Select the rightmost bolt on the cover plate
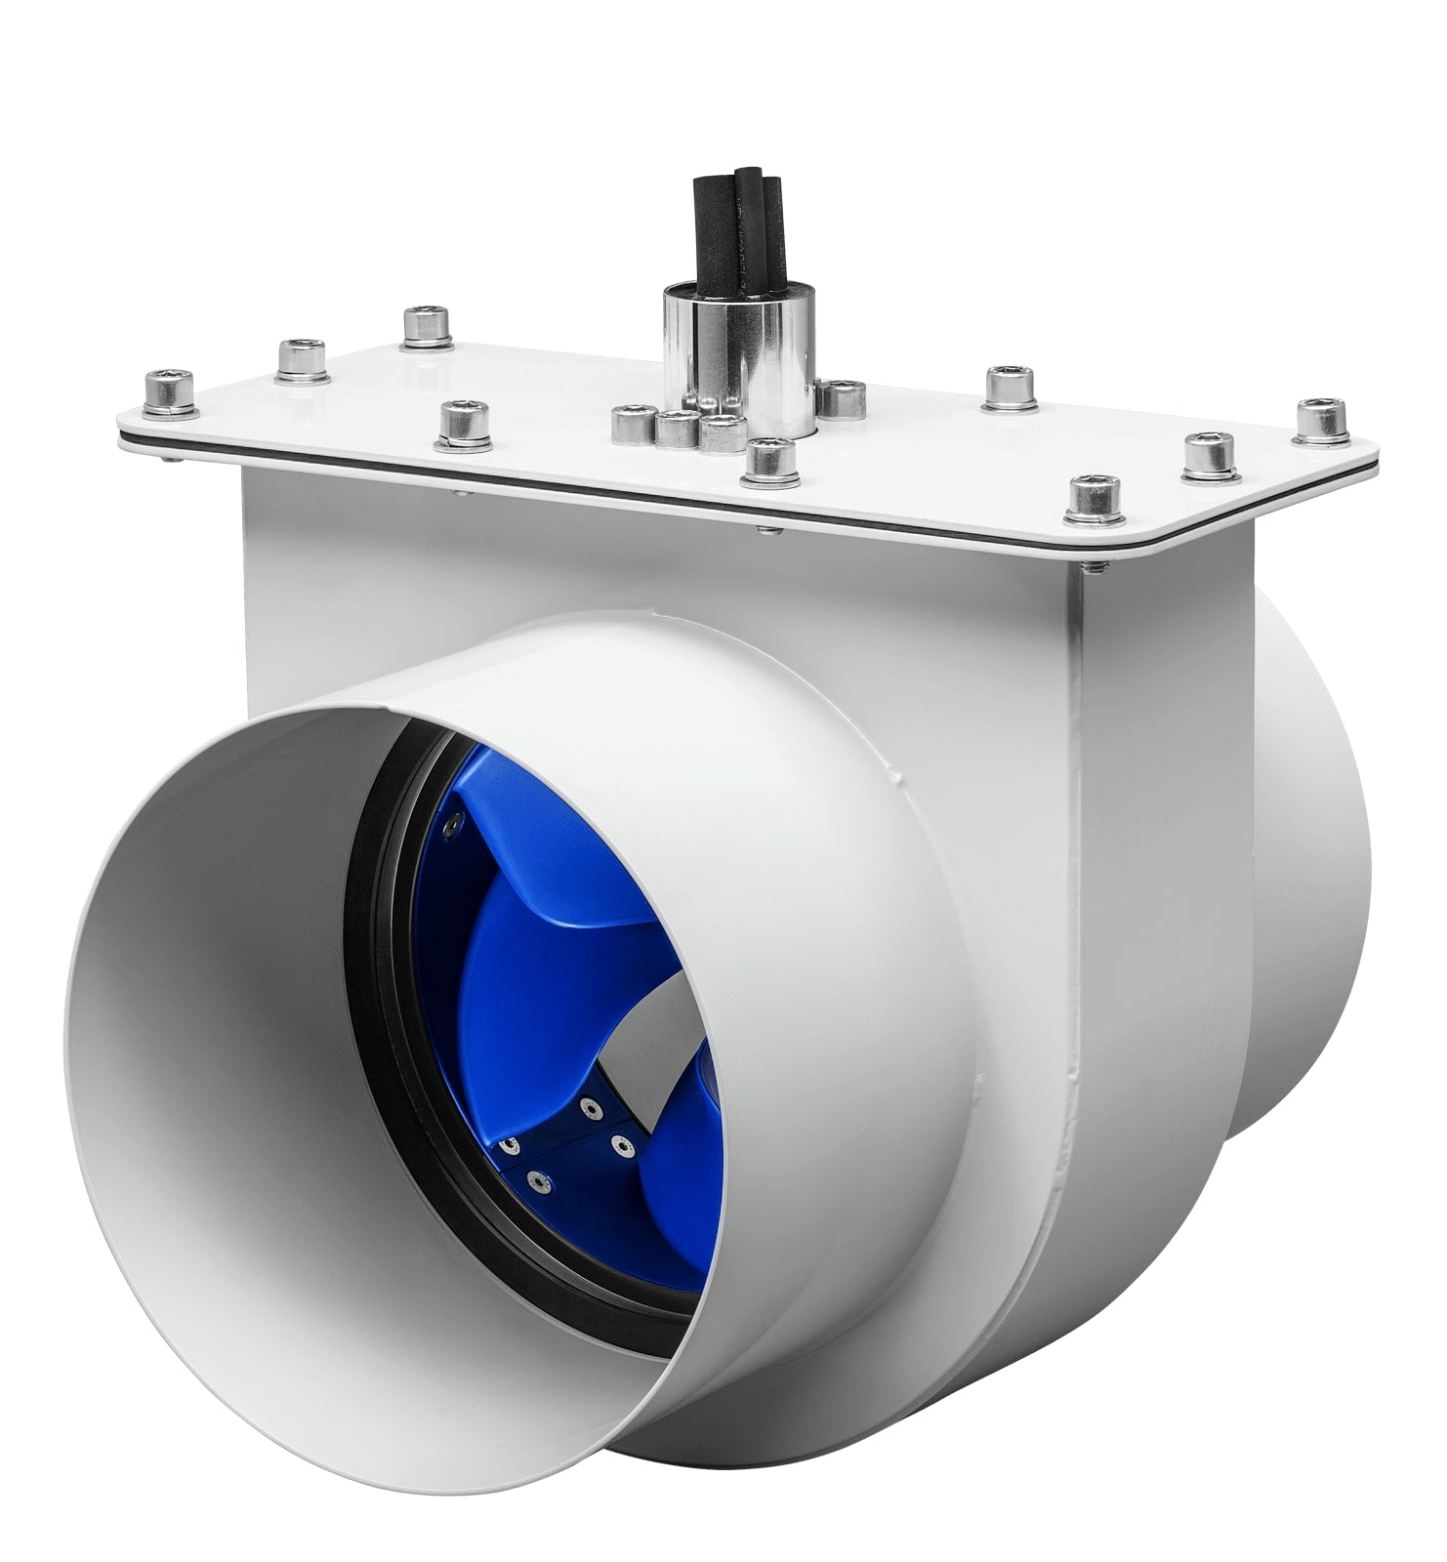tap(1320, 421)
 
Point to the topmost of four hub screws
tap(589, 1105)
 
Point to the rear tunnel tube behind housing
tap(1308, 879)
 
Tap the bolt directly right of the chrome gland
tap(841, 397)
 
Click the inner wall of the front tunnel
tap(225, 1074)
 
